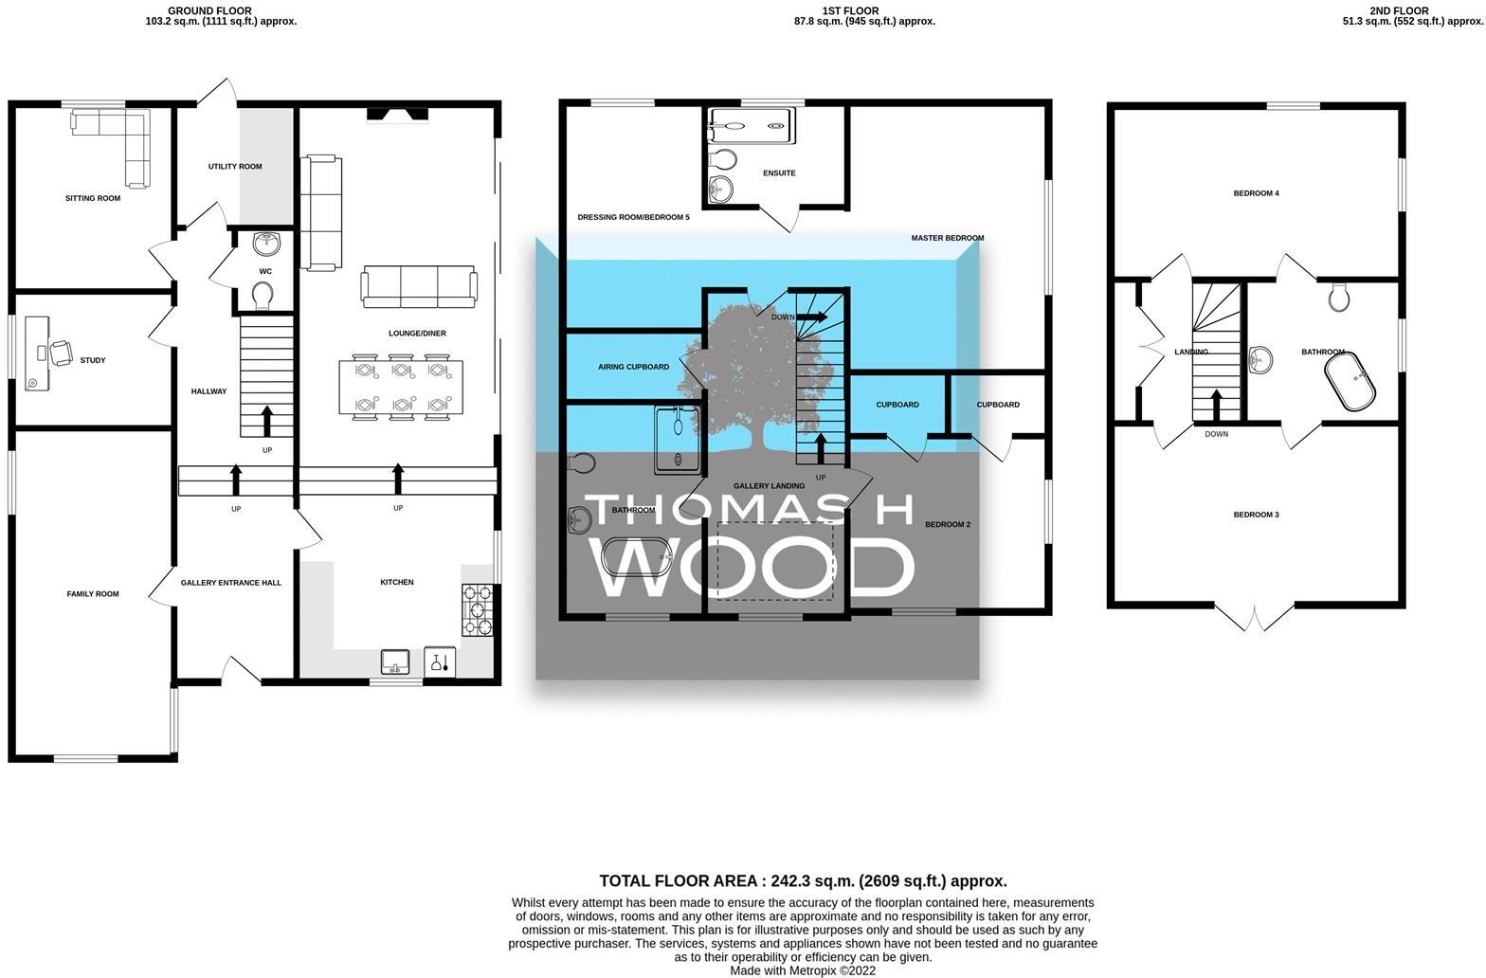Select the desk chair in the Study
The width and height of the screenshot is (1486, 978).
pos(61,353)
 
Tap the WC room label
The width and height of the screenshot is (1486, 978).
pos(265,272)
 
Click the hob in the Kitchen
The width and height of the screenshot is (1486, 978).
pos(477,610)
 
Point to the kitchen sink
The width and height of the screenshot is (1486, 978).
pos(395,661)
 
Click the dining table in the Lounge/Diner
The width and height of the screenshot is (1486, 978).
pos(401,387)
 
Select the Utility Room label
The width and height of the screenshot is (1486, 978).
pos(235,167)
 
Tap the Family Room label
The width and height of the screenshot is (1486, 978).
pos(93,594)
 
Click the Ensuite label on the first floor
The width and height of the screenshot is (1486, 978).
pos(779,173)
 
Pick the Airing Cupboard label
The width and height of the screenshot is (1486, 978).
pos(633,367)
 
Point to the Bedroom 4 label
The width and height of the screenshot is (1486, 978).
pos(1256,193)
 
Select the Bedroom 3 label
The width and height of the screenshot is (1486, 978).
pos(1256,515)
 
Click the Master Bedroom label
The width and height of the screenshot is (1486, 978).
pos(947,238)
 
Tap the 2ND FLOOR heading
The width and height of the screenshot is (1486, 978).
pos(1399,11)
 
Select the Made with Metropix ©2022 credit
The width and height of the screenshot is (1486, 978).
pos(802,970)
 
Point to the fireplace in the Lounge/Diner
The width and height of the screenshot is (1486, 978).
pos(398,116)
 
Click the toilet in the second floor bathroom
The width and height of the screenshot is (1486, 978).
pos(1339,298)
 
